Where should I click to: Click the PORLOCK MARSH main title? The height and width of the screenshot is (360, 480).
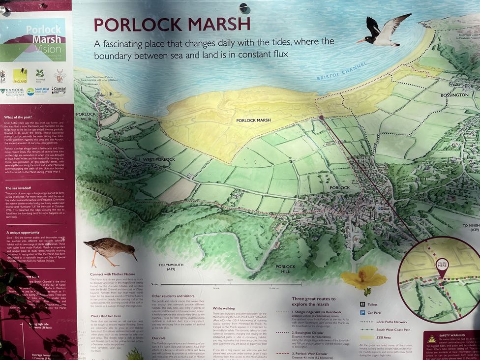tap(172, 25)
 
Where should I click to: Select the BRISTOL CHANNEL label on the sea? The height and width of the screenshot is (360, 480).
tap(342, 72)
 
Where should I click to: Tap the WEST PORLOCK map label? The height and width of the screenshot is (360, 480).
tap(159, 160)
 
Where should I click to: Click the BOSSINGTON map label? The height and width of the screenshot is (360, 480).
tap(454, 95)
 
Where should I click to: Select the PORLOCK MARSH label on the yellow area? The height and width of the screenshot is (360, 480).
tap(253, 120)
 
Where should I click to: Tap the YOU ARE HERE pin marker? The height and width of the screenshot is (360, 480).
tap(442, 266)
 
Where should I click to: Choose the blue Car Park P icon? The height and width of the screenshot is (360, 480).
tap(362, 312)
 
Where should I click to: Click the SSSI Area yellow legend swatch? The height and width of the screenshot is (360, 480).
tap(366, 337)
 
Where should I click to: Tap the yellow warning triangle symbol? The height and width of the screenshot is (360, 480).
tap(431, 339)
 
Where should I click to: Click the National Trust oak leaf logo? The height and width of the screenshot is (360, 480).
tap(40, 74)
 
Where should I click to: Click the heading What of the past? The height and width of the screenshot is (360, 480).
tap(19, 117)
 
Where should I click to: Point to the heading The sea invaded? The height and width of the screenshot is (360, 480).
tap(18, 188)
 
